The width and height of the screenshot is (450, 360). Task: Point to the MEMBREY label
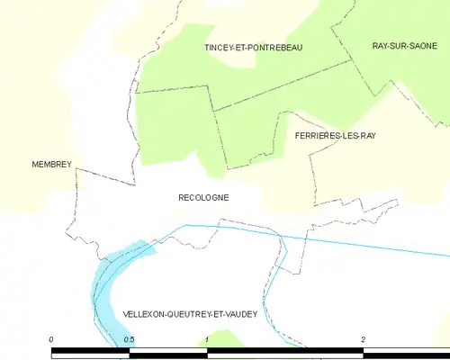pyautogui.click(x=51, y=165)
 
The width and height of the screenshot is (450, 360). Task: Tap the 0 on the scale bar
pyautogui.click(x=52, y=338)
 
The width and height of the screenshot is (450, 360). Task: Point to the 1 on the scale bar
pyautogui.click(x=208, y=338)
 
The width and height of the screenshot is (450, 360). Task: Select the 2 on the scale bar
pyautogui.click(x=363, y=338)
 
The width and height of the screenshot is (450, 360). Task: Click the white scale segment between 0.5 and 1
pyautogui.click(x=168, y=351)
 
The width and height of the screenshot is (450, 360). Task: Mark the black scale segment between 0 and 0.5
pyautogui.click(x=90, y=351)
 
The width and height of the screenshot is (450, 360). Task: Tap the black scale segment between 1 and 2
pyautogui.click(x=285, y=351)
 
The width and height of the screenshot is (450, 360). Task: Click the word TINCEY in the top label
pyautogui.click(x=220, y=47)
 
